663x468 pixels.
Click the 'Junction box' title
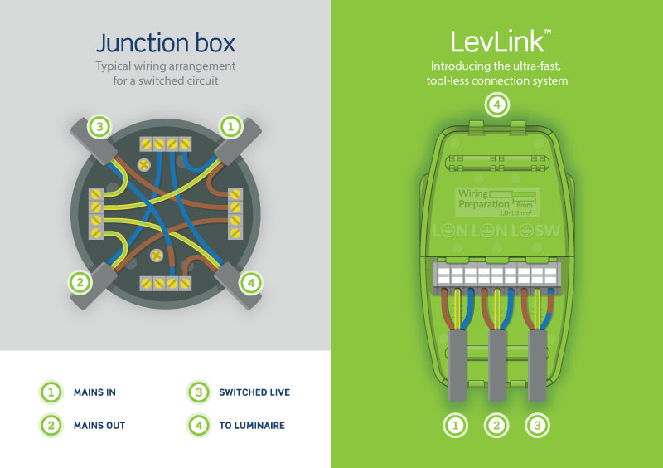[165, 42]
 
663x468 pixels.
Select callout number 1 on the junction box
[230, 127]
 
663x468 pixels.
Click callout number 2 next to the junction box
[80, 282]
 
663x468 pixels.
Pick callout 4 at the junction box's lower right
[250, 282]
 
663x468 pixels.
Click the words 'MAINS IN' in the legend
[94, 392]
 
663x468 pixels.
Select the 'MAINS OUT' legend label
[99, 425]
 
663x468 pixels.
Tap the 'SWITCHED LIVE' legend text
[254, 392]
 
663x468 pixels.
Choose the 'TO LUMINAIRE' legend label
[251, 425]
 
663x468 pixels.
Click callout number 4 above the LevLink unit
[496, 105]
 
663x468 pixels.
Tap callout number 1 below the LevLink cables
[455, 427]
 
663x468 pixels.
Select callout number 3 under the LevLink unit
[538, 427]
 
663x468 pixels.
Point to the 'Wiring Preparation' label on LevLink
[485, 198]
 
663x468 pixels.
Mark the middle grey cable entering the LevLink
[496, 365]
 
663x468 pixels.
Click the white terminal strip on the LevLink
[496, 275]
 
